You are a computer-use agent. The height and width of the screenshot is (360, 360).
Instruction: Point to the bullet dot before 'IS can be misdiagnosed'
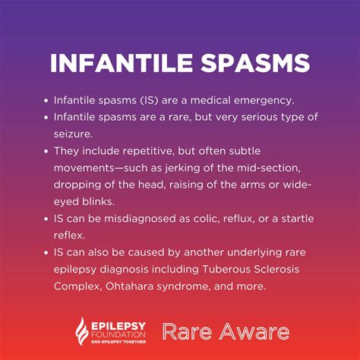coord(46,219)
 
